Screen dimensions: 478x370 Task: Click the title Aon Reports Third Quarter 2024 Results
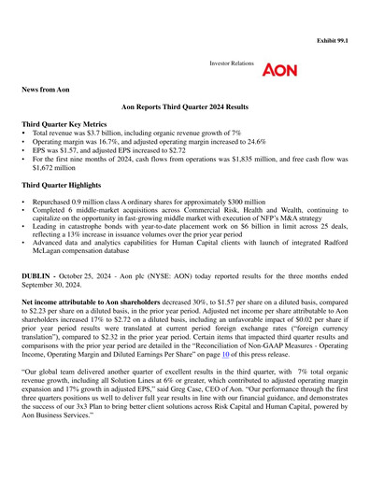pos(184,110)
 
